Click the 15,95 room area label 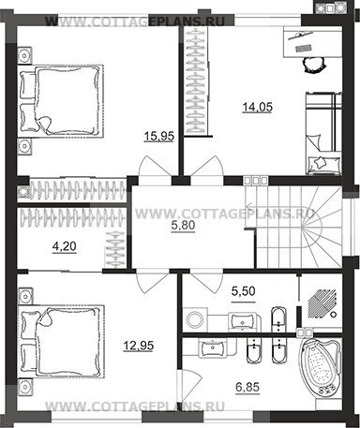tap(157, 137)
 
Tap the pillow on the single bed tap(322, 161)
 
